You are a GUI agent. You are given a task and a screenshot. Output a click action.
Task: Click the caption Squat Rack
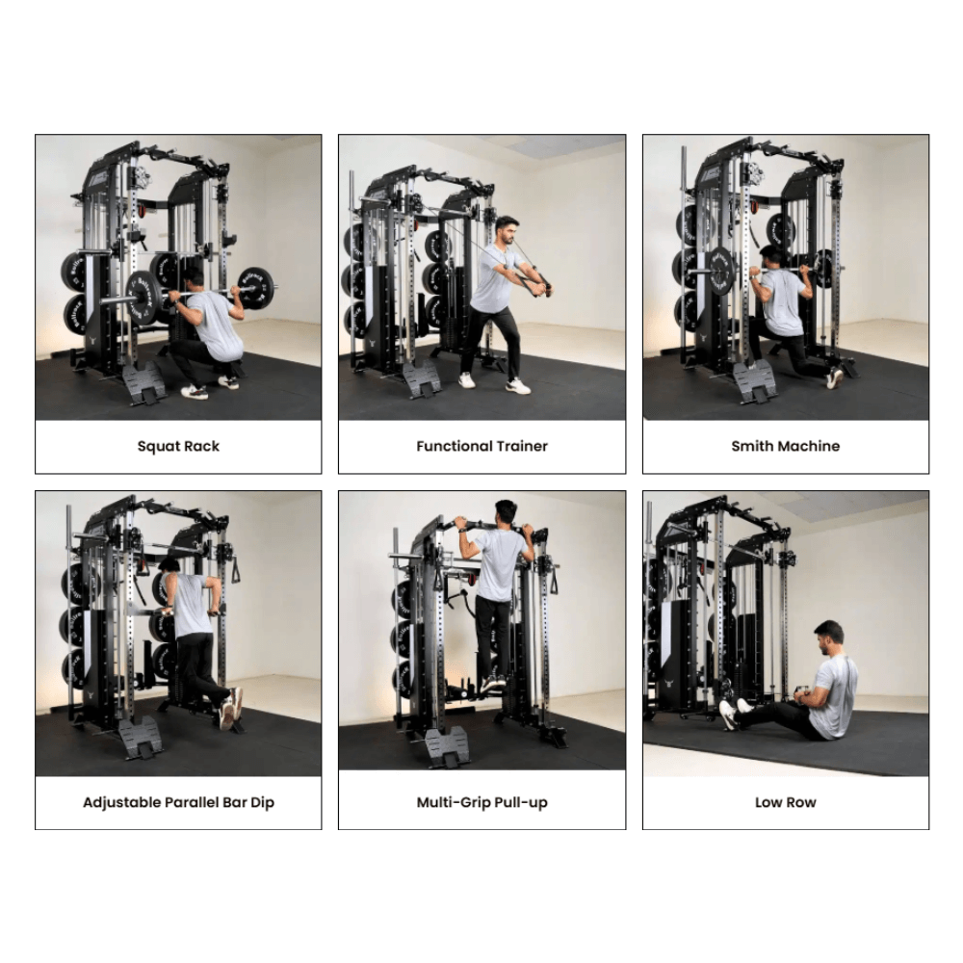point(178,446)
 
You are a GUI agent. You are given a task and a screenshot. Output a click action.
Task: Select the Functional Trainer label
point(481,446)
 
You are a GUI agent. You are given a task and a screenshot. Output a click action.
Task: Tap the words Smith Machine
point(785,446)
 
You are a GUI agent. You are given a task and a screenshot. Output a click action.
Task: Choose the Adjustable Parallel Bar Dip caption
point(178,802)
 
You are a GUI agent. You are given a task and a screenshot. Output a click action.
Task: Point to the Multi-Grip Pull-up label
point(481,802)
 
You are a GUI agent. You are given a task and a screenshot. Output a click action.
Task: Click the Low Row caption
point(785,802)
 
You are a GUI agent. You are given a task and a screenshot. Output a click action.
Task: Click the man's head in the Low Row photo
point(827,635)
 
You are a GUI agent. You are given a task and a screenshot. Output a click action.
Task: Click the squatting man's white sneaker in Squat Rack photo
point(195,391)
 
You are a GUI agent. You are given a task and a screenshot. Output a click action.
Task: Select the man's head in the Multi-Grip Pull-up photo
point(505,511)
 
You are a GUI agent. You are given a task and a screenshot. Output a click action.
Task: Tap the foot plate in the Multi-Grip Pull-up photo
point(447,745)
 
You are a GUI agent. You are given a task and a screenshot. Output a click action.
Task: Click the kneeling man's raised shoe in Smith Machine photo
point(835,378)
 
